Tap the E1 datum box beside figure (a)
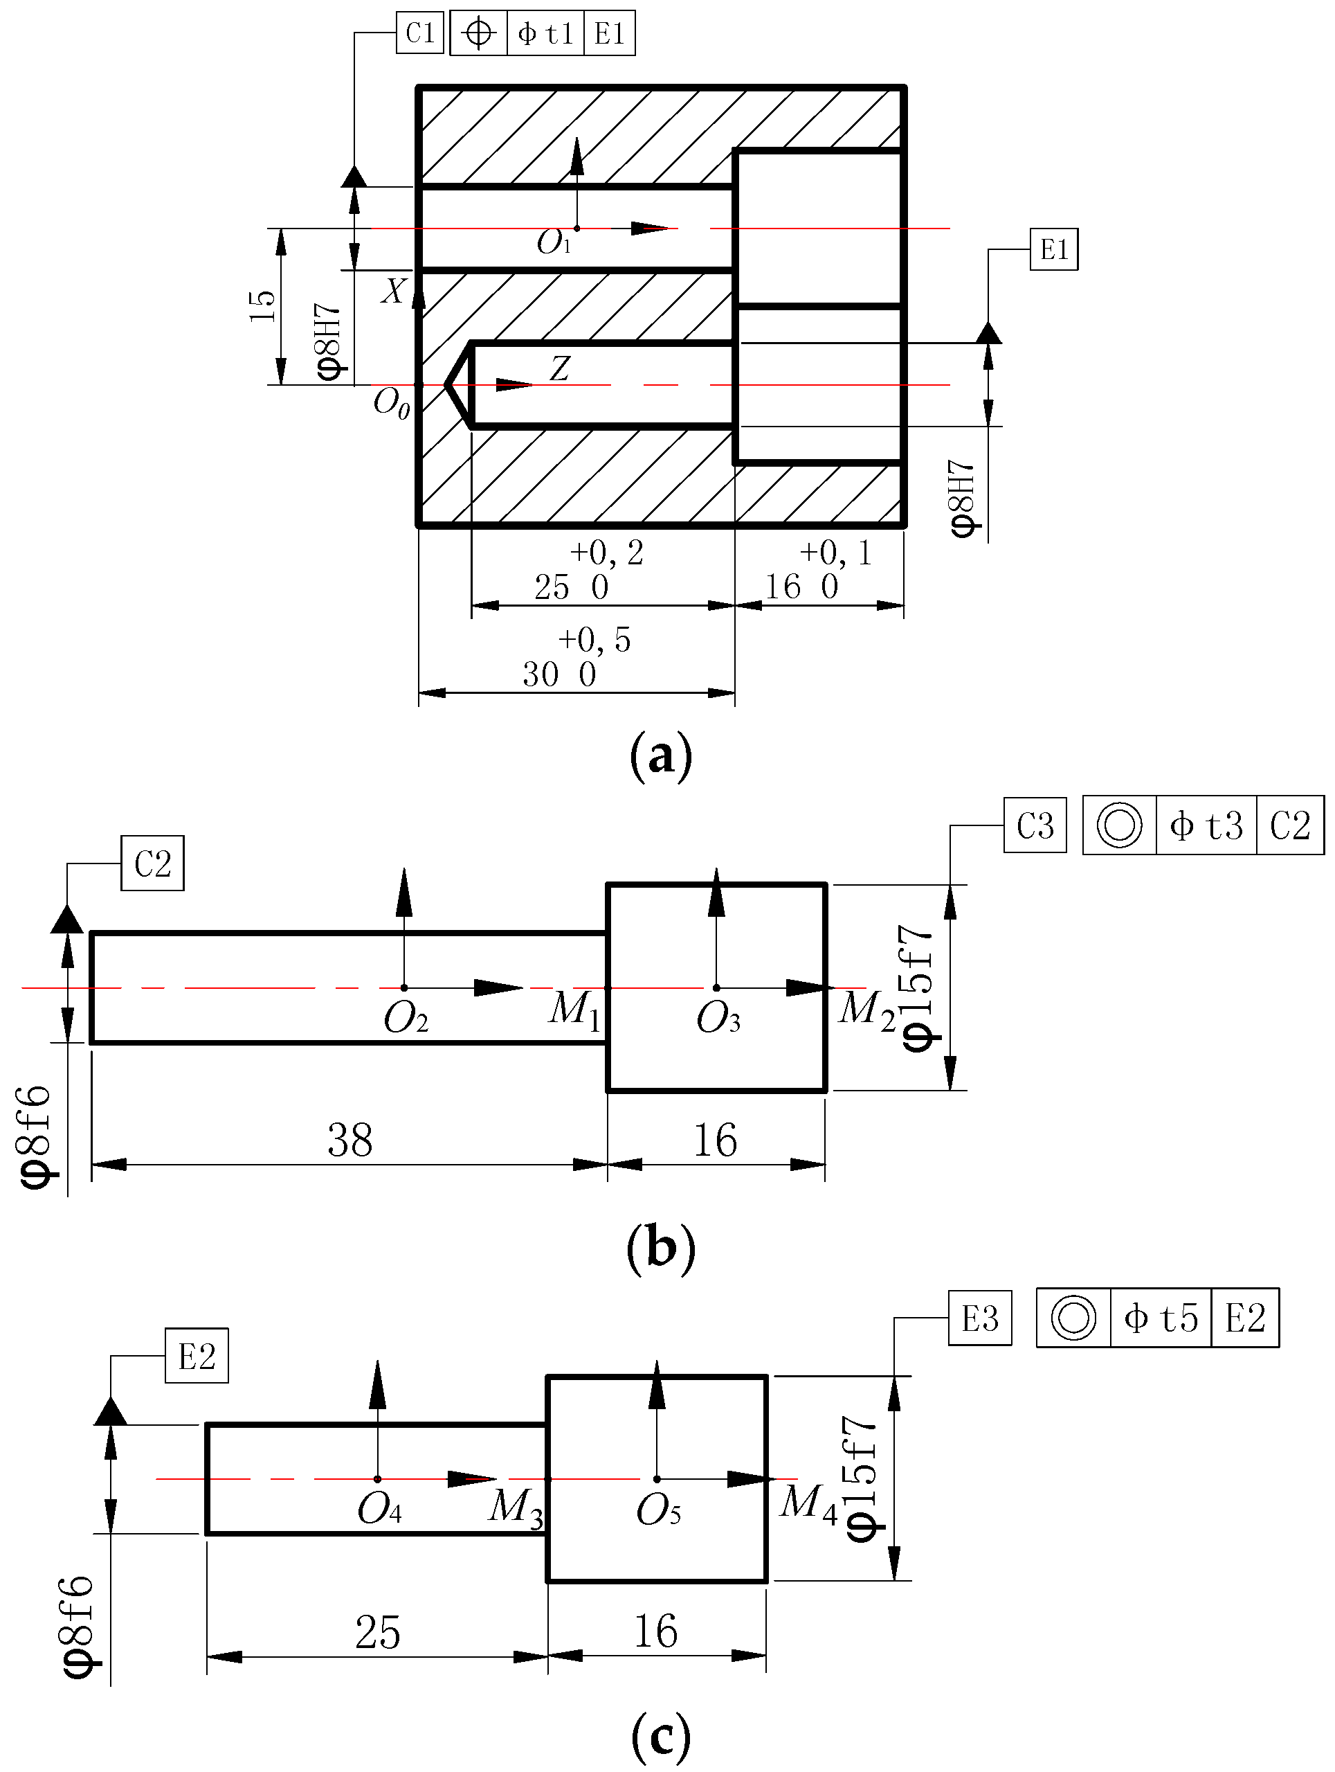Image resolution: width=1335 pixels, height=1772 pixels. (x=1054, y=250)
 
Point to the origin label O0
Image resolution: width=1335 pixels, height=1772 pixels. (x=392, y=402)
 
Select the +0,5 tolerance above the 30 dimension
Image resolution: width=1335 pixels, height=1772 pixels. (x=594, y=639)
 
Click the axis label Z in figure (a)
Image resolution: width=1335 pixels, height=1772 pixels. (x=559, y=368)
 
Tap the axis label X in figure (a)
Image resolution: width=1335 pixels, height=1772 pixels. (x=393, y=292)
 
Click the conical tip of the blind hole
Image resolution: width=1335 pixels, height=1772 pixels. (x=458, y=385)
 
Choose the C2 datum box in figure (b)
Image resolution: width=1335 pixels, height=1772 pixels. (x=152, y=863)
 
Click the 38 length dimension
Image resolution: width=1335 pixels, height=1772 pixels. (x=350, y=1140)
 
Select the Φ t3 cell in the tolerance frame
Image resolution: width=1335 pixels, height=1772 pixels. (x=1206, y=825)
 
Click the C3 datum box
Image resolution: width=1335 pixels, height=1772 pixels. (x=1035, y=825)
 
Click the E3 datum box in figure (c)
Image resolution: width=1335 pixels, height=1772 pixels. (x=979, y=1318)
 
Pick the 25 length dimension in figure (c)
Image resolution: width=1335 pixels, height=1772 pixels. (x=377, y=1633)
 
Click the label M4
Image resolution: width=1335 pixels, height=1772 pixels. (x=807, y=1503)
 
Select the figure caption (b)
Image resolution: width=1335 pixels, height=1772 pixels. (x=661, y=1247)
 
